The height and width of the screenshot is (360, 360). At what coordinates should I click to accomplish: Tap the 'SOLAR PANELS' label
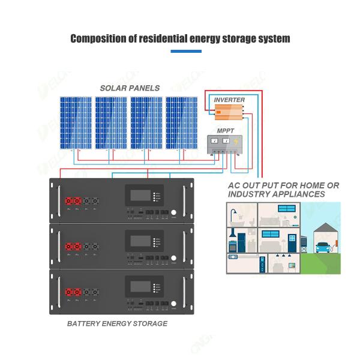click(130, 88)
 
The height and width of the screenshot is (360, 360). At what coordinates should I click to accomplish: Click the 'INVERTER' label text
click(229, 99)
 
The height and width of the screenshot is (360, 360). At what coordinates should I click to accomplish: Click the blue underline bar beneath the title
click(186, 52)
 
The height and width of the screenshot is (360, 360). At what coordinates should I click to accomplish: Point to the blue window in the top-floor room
click(287, 209)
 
